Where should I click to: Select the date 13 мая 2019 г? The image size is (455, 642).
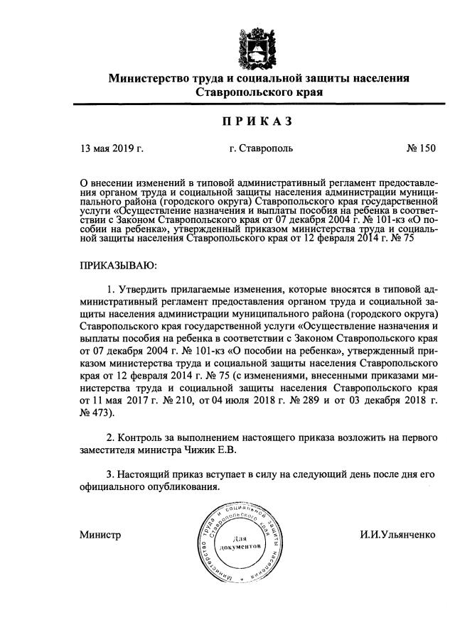coord(112,149)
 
